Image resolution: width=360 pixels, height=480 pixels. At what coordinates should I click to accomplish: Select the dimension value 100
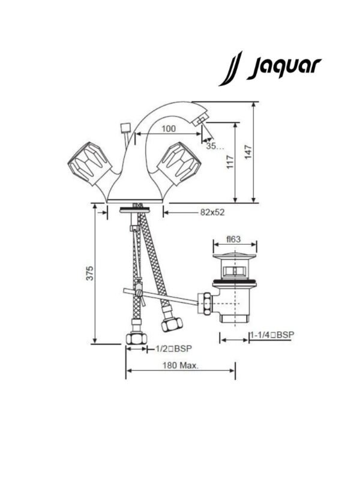pos(169,129)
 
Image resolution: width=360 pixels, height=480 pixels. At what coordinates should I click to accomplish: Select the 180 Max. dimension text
pos(180,365)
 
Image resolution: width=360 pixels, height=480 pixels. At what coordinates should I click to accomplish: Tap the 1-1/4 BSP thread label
pos(272,335)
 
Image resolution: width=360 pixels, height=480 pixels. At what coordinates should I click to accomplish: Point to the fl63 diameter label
pos(233,239)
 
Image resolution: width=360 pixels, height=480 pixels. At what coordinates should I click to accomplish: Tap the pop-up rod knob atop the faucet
pos(125,128)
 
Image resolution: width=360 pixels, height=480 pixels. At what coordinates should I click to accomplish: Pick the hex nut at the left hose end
pos(136,337)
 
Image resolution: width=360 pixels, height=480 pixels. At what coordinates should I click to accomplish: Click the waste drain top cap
pos(234,259)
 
